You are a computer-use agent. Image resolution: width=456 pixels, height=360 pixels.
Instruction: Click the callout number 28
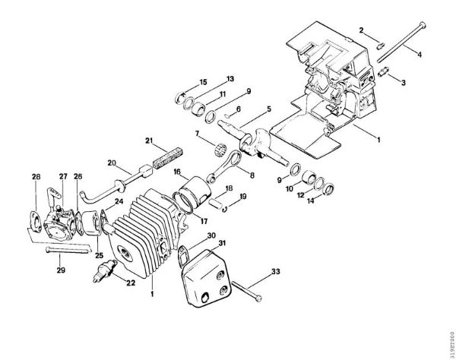[36, 177]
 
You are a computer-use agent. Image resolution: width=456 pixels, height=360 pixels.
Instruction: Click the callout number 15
[203, 81]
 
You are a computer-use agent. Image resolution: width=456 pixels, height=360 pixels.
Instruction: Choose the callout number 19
[243, 197]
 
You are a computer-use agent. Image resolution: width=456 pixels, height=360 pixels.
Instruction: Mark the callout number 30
[211, 235]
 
